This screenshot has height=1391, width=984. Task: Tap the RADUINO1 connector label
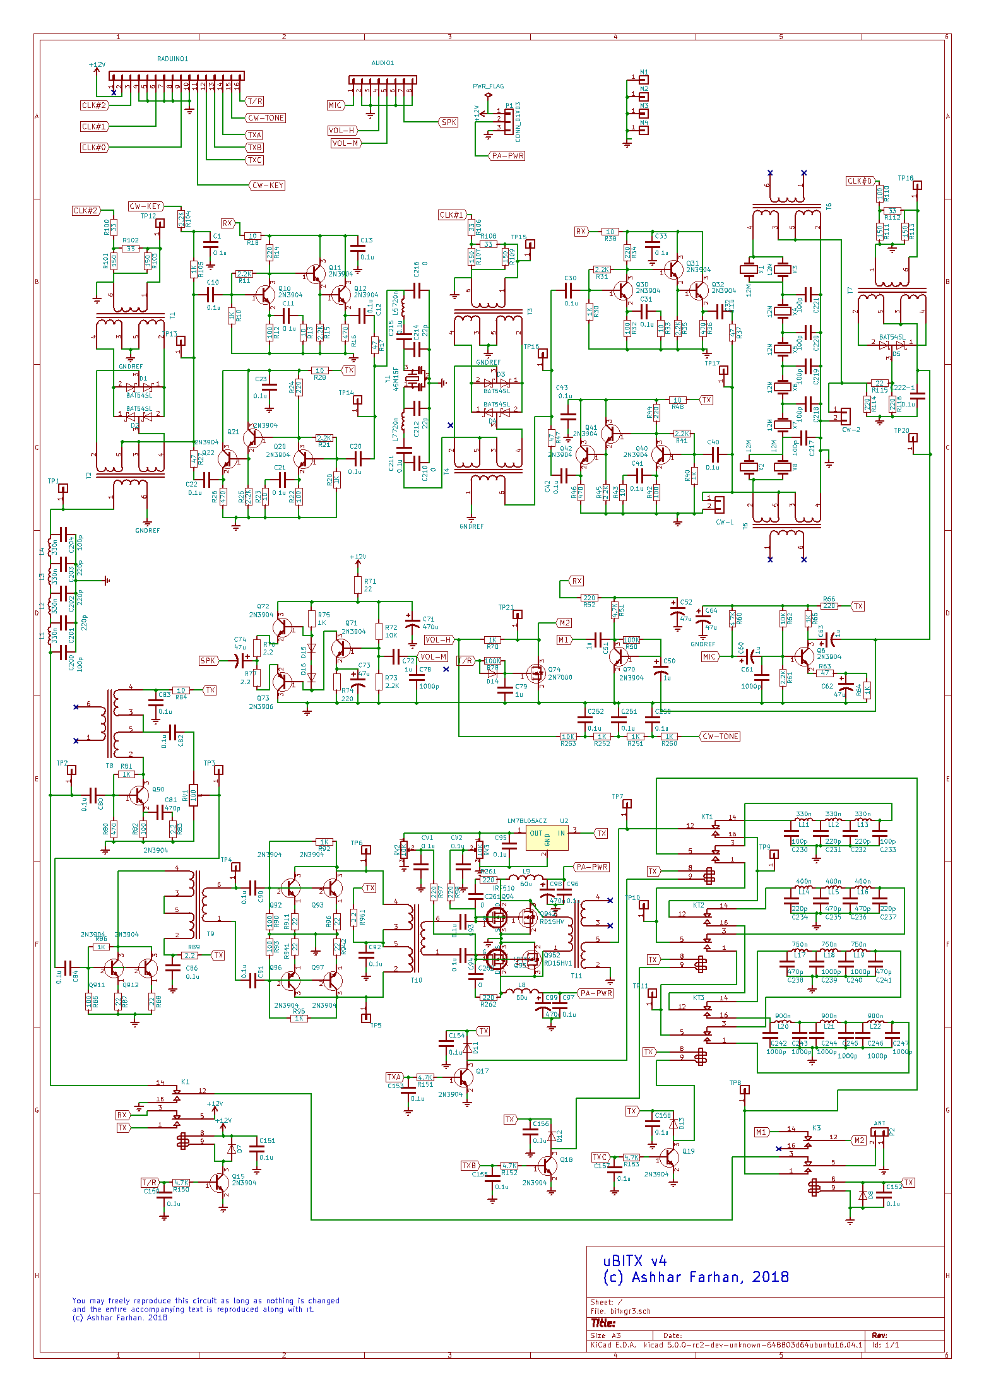[x=172, y=59]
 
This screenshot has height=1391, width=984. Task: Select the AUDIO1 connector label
[x=382, y=63]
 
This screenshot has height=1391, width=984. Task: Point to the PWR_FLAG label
[x=488, y=86]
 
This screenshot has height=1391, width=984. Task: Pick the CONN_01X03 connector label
[x=518, y=122]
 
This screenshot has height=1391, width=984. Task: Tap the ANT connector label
[x=879, y=1123]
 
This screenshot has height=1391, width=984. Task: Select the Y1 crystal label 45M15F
[x=396, y=379]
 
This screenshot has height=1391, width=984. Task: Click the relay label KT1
[x=707, y=817]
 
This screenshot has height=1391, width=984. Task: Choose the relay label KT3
[x=698, y=998]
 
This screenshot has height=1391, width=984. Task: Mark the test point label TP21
[x=506, y=607]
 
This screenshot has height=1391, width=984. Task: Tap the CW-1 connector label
[x=725, y=522]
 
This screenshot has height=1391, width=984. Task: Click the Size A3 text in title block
[x=605, y=1335]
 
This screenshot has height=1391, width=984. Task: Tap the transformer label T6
[x=829, y=206]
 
